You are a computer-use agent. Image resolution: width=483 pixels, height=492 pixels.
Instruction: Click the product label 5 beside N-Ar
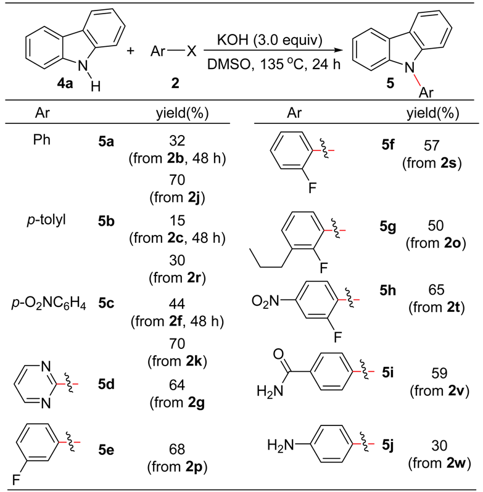click(389, 83)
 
